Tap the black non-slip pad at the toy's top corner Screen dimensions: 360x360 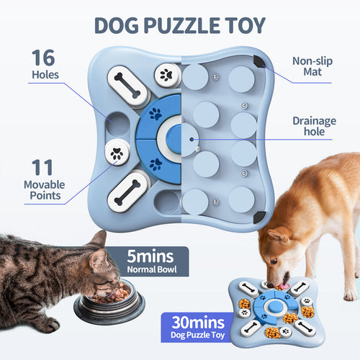[x=258, y=62]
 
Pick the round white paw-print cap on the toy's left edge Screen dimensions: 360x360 [x=116, y=152]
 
